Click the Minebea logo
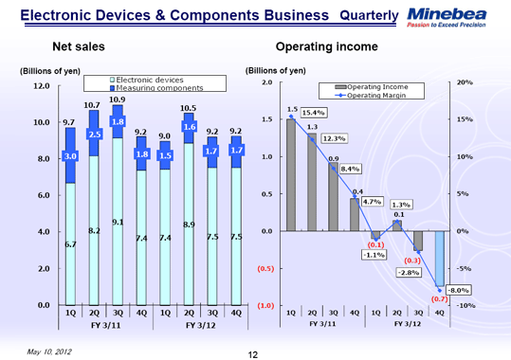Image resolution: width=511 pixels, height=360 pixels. [x=449, y=16]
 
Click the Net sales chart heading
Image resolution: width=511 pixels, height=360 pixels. [x=78, y=46]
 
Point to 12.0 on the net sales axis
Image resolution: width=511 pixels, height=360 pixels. [x=37, y=86]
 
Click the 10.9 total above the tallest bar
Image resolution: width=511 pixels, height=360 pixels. [x=118, y=99]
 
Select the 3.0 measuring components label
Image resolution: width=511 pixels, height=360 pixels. [x=69, y=156]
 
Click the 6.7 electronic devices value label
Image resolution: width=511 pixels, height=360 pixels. [x=69, y=244]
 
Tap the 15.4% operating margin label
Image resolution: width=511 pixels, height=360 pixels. [x=313, y=113]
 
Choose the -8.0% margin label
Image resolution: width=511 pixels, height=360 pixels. [x=459, y=290]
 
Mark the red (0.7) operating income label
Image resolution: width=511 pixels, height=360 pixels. [x=439, y=298]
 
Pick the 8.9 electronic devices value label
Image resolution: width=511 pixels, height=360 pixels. [x=189, y=224]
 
